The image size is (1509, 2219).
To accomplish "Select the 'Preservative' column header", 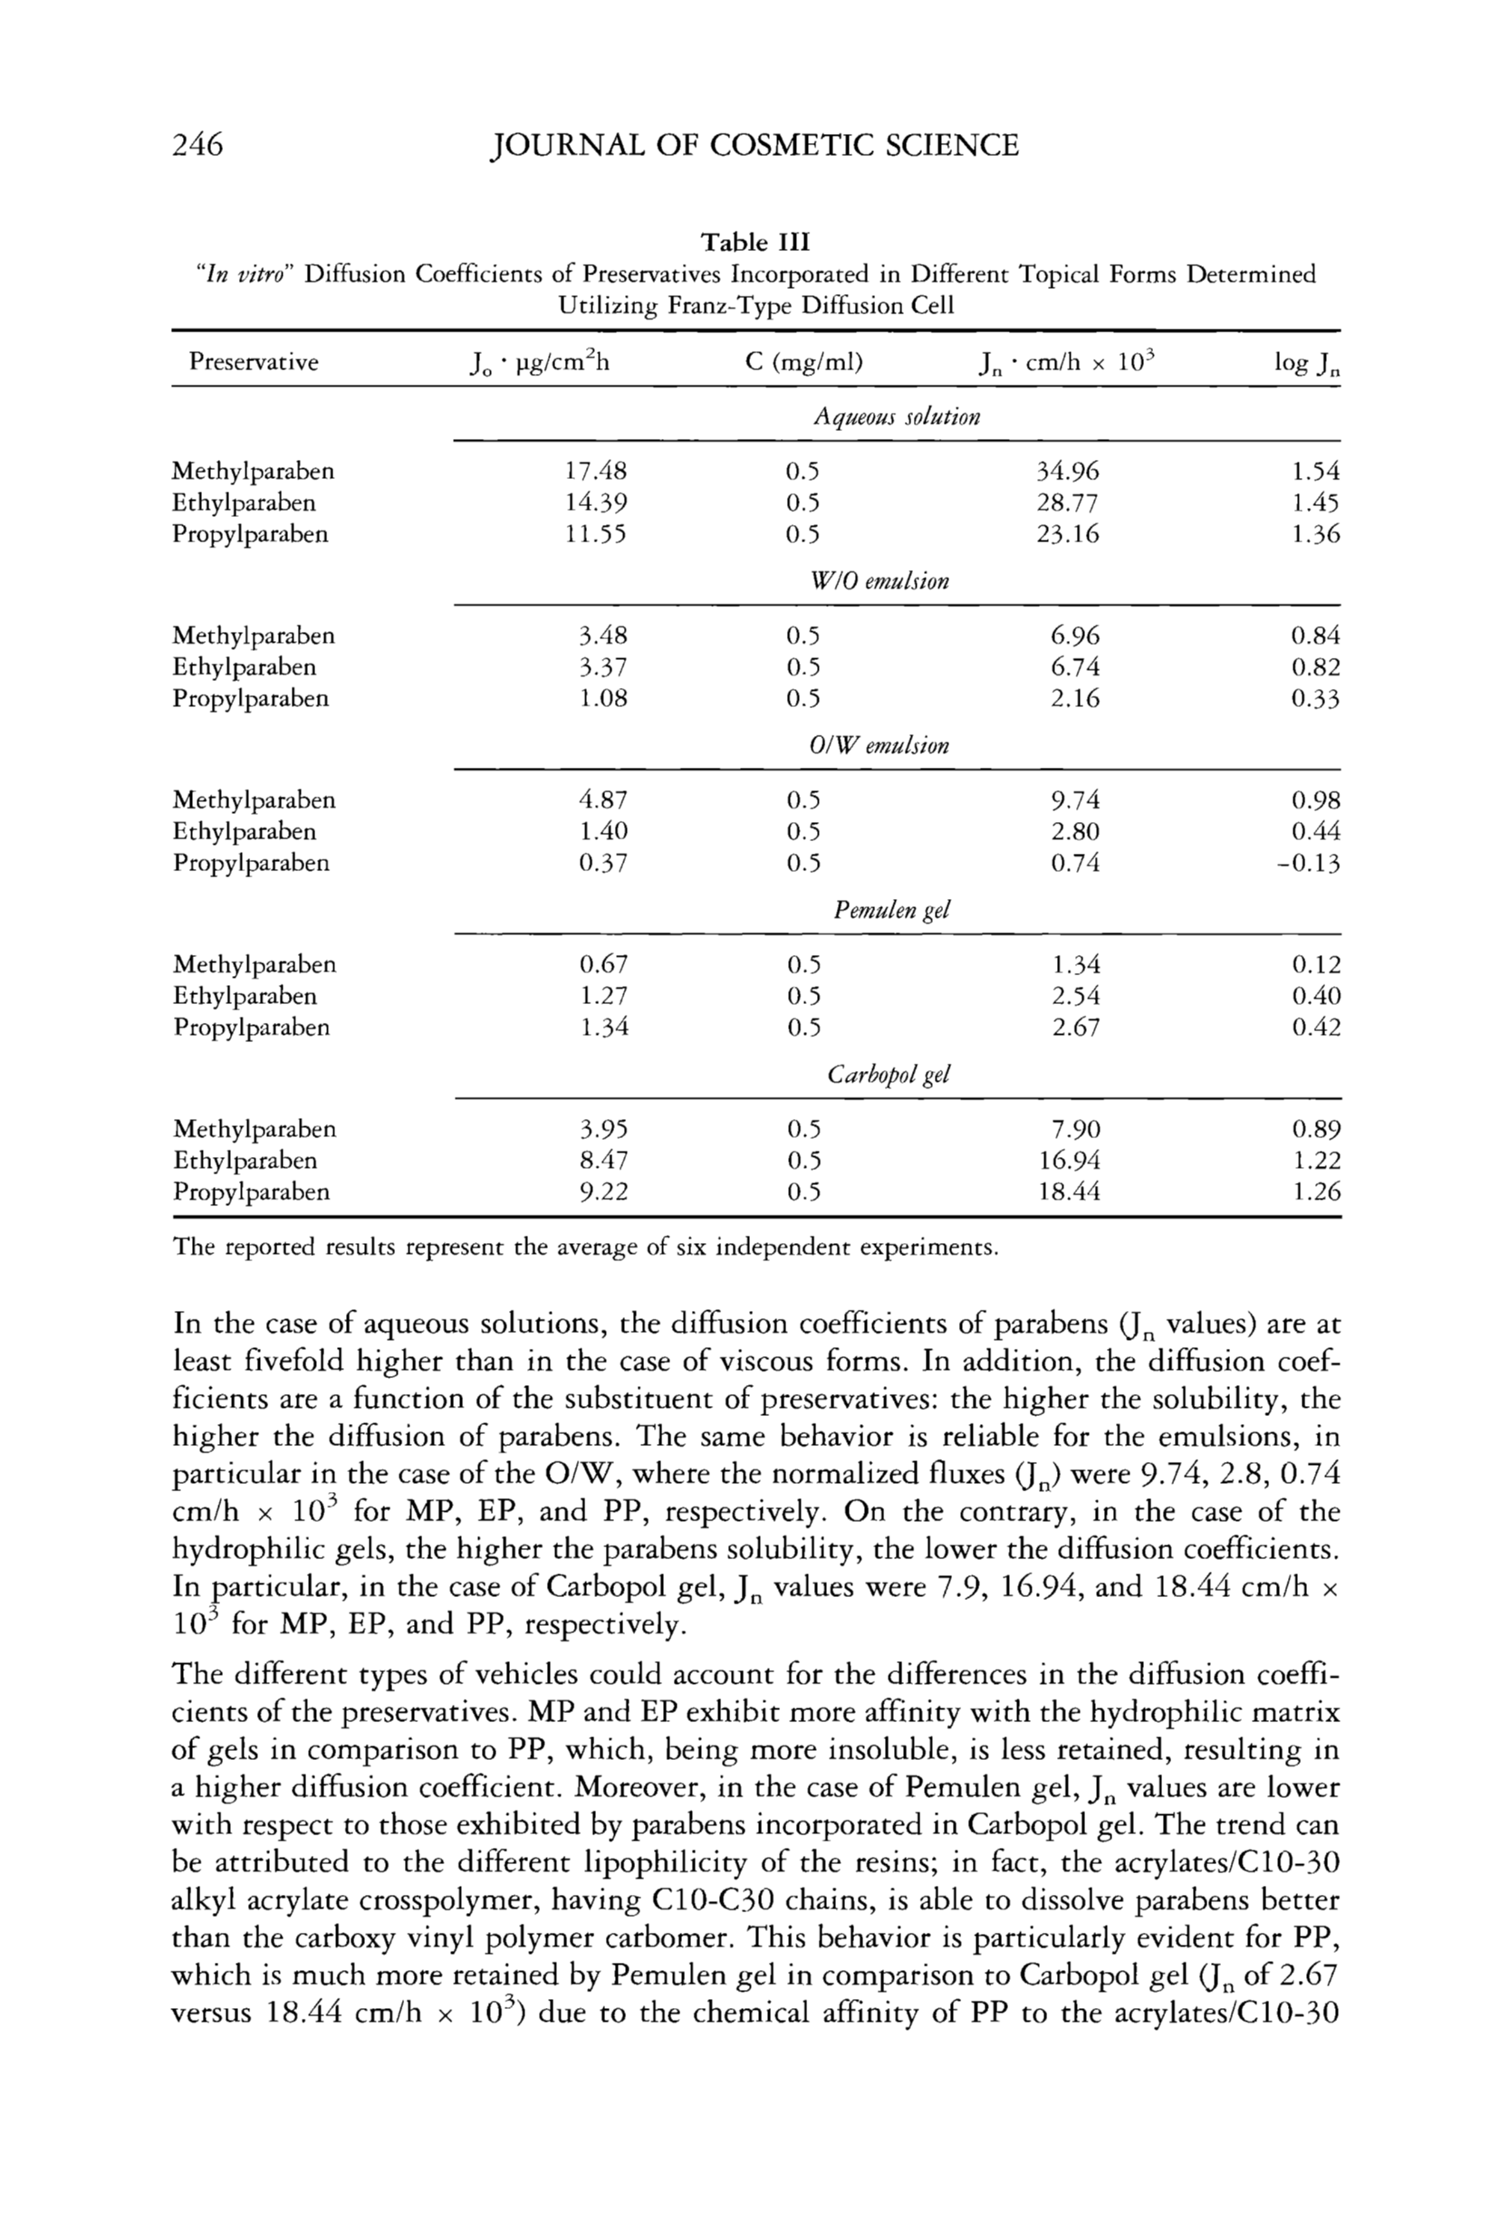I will pos(253,362).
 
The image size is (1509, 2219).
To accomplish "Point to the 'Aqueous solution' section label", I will pos(896,417).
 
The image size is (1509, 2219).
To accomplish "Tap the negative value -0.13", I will pos(1310,864).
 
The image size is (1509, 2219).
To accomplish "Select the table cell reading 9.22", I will pos(603,1191).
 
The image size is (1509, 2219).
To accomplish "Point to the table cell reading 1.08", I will pos(603,698).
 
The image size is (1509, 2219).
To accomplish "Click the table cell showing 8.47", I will pos(603,1160).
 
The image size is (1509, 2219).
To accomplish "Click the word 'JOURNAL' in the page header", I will pos(562,145).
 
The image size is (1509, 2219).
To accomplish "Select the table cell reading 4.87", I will pos(603,800).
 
